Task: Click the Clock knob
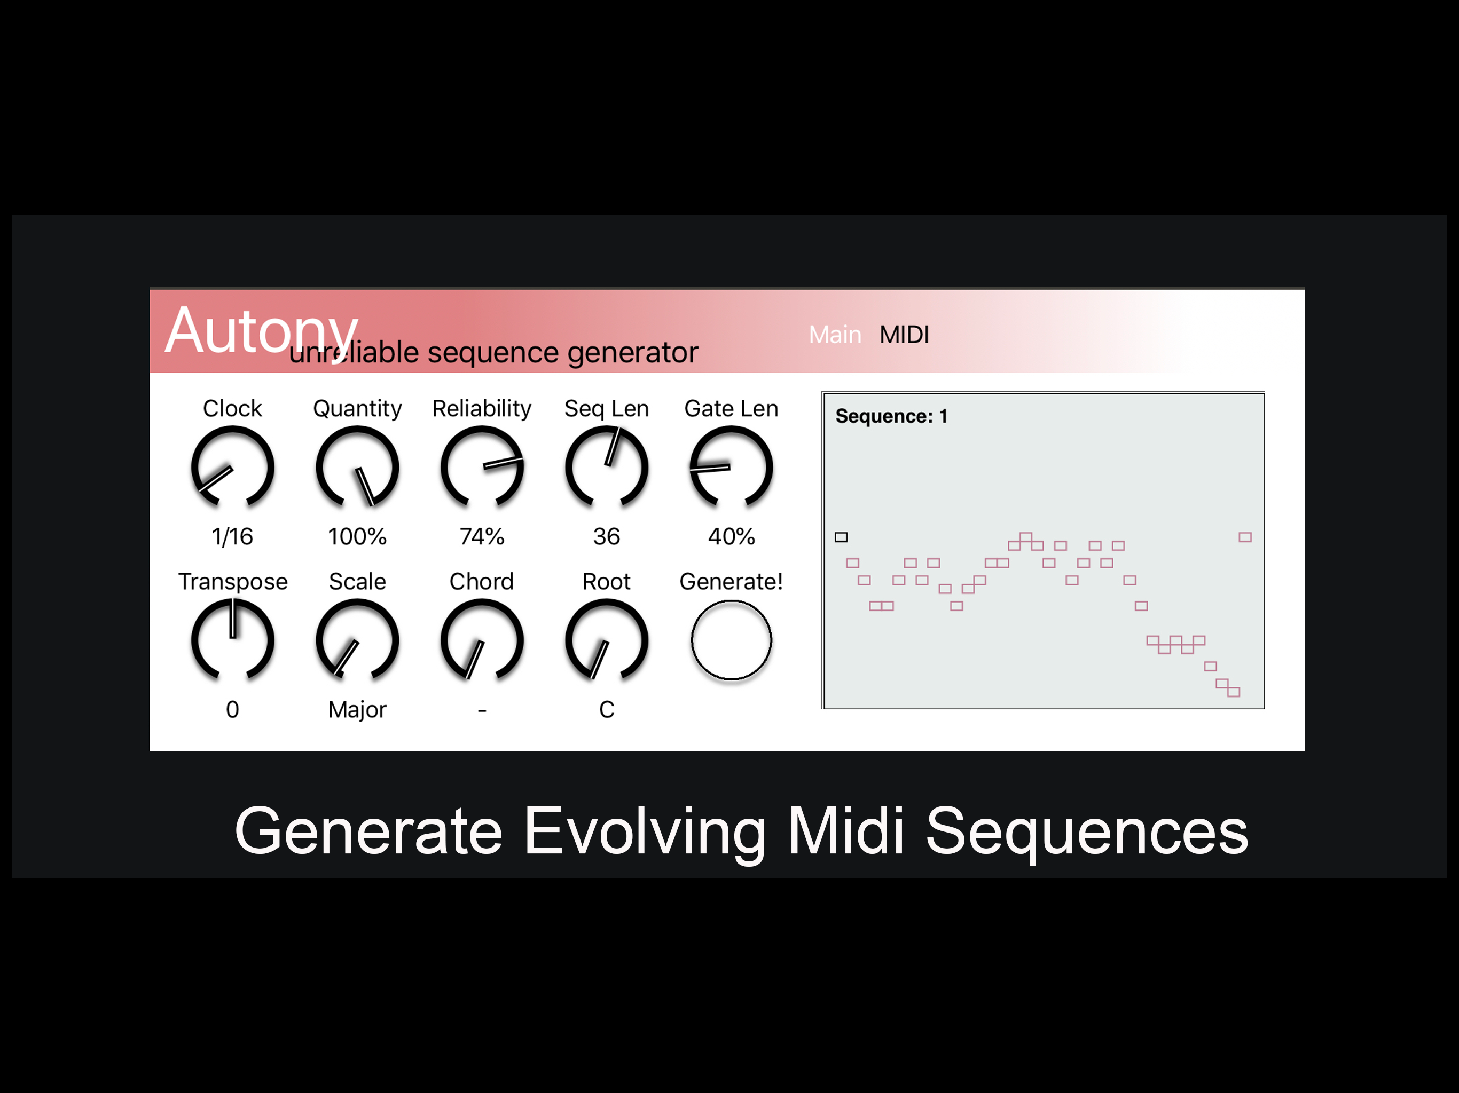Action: point(232,468)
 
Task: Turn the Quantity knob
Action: point(357,468)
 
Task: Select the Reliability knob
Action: point(482,468)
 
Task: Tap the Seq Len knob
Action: point(607,468)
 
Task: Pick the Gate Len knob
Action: point(731,468)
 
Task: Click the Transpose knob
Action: point(232,640)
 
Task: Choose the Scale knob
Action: point(357,640)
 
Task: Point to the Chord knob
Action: point(482,640)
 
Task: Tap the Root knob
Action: point(607,640)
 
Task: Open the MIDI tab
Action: point(904,335)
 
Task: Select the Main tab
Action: point(835,335)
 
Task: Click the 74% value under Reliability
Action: point(482,536)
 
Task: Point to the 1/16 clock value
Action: point(232,536)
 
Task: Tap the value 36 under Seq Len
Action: point(607,536)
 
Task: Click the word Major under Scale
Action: point(357,710)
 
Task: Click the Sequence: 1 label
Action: point(891,416)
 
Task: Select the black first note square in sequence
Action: point(841,537)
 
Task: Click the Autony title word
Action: point(261,331)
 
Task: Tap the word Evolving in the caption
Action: point(645,832)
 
